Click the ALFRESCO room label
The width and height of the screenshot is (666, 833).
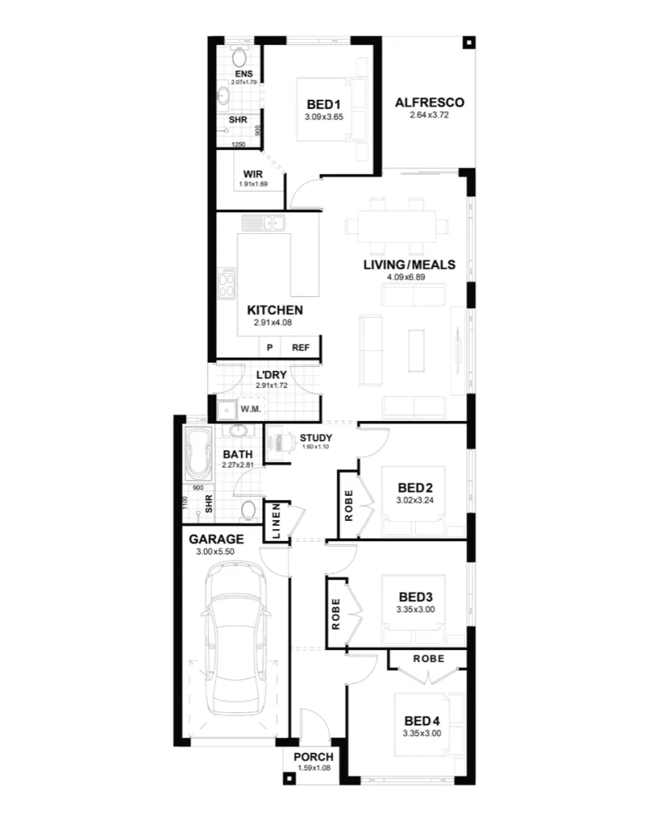(x=430, y=102)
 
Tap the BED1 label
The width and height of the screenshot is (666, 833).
(x=324, y=105)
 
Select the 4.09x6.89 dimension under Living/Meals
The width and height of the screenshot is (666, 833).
(x=406, y=277)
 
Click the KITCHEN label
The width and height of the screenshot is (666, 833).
(x=275, y=310)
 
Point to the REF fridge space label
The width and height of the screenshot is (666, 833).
(x=301, y=348)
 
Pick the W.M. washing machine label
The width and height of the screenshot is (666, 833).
(x=251, y=409)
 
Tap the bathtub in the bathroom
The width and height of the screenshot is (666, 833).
(x=198, y=454)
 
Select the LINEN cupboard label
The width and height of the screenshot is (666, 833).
(x=276, y=521)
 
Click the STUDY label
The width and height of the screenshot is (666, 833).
(x=316, y=438)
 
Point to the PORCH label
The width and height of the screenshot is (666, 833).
(x=314, y=757)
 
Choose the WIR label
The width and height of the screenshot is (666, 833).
(x=253, y=174)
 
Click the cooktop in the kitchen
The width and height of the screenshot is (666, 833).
(x=226, y=283)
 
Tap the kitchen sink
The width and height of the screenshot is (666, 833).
(x=264, y=222)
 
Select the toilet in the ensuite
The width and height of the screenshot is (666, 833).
(x=239, y=57)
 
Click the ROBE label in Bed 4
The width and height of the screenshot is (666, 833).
(x=429, y=659)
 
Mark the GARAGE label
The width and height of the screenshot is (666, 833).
(x=216, y=539)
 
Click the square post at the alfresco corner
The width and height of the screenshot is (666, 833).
(x=468, y=42)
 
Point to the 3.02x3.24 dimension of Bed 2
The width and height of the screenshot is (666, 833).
(x=415, y=500)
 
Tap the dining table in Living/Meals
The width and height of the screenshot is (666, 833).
(x=397, y=226)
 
